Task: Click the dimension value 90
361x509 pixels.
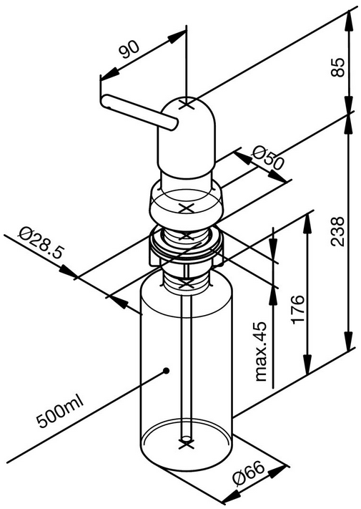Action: pos(129,49)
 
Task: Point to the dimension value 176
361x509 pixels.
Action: pos(298,309)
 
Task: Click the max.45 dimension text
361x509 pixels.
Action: pos(261,352)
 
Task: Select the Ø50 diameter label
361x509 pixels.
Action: pos(268,158)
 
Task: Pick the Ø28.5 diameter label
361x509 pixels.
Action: pos(41,243)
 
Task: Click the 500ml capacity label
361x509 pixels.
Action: pos(61,412)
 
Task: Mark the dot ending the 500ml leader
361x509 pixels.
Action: pos(167,371)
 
